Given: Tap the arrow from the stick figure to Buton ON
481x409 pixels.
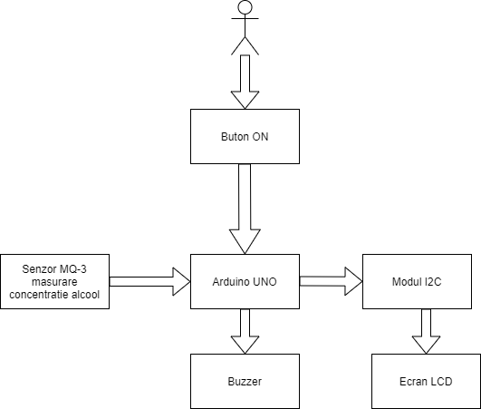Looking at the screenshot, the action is click(x=245, y=82).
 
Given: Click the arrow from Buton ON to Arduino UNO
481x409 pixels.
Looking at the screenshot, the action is click(x=245, y=209).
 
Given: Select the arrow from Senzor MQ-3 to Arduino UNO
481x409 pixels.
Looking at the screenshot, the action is click(x=150, y=281).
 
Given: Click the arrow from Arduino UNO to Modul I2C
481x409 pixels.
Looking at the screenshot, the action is click(x=332, y=281).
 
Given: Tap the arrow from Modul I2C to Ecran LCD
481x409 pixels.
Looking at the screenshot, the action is click(x=426, y=331).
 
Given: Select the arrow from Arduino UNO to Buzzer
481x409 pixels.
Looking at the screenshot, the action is click(x=245, y=331).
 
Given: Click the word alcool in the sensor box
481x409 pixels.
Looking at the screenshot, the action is click(x=85, y=295).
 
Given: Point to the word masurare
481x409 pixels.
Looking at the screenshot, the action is click(x=54, y=282).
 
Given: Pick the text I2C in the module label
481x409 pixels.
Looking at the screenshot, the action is click(x=433, y=282).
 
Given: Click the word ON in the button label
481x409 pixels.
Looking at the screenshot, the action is click(x=260, y=137).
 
